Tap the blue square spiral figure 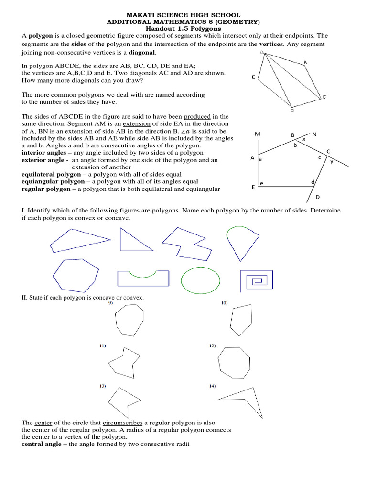256,280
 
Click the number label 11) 102,345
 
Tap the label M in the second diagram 258,134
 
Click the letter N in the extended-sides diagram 314,134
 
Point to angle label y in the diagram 332,161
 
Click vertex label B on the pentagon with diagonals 305,62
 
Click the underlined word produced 197,116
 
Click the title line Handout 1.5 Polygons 183,29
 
